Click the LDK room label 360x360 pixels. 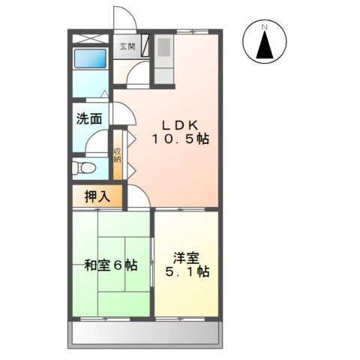point(180,125)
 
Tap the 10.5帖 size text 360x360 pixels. point(181,139)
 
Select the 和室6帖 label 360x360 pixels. point(111,265)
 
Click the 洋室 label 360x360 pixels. point(187,258)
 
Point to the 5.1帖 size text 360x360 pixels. point(187,271)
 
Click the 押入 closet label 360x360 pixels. point(97,196)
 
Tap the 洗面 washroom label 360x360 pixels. point(89,118)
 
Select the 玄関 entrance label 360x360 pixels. point(127,46)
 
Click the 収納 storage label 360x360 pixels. point(118,155)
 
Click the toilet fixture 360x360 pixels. point(84,167)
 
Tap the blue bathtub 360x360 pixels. point(90,58)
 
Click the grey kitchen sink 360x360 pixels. point(163,47)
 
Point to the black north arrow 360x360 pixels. point(265,45)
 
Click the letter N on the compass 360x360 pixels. point(265,26)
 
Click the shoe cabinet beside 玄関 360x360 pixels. point(145,45)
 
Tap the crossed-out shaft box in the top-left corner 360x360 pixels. point(91,39)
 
